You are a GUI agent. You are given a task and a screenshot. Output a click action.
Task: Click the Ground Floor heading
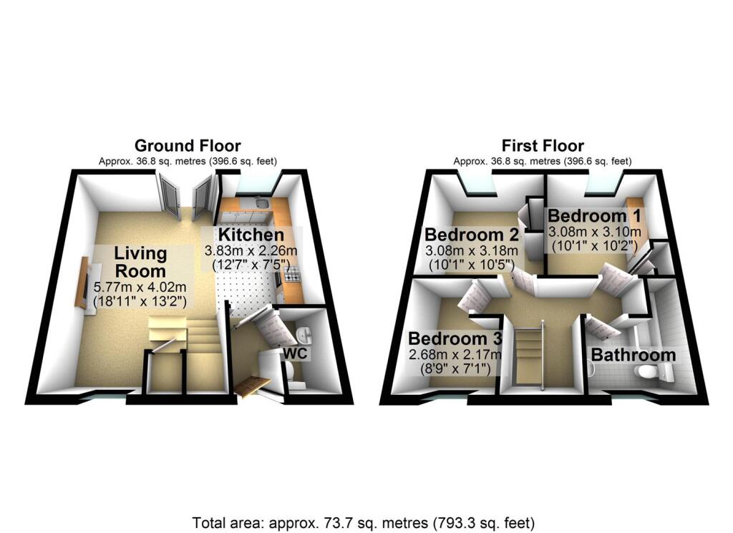tap(188, 147)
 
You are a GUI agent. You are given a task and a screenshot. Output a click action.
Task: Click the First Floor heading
tap(543, 147)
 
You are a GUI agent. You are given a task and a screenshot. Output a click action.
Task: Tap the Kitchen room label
tap(251, 235)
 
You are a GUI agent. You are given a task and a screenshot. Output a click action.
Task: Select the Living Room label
tap(140, 261)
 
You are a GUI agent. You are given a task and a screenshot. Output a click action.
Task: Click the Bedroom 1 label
tap(594, 215)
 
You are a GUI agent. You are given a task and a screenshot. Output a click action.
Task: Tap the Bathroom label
tap(633, 355)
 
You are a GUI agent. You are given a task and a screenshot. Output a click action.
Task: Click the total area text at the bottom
tap(364, 522)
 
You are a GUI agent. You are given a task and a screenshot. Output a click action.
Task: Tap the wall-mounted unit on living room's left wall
tap(82, 282)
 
